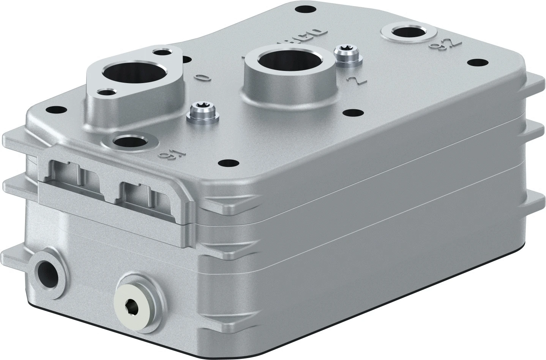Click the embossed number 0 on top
203,77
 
